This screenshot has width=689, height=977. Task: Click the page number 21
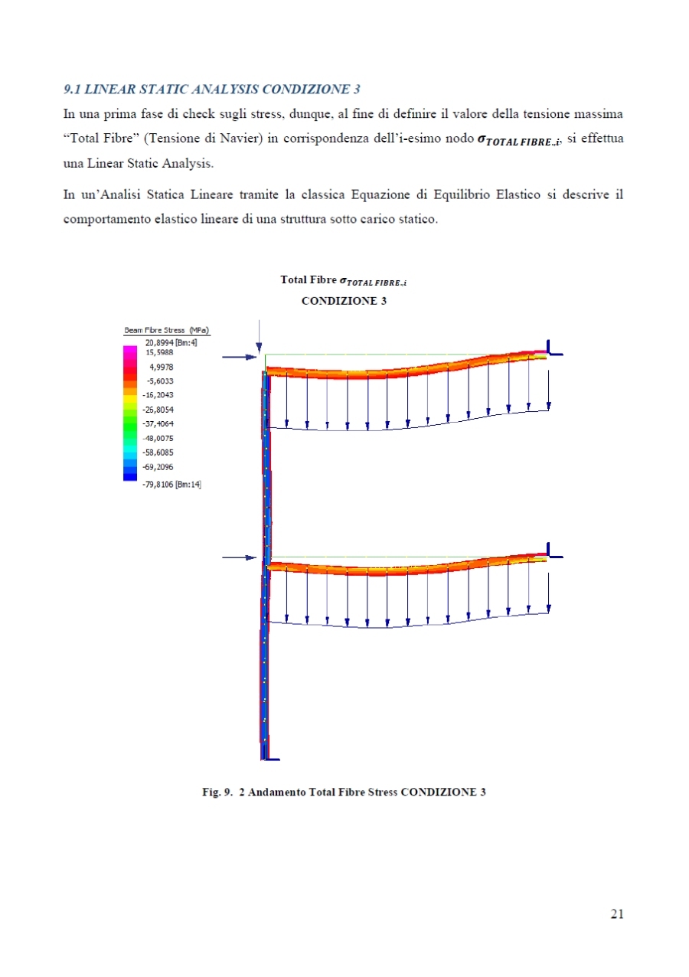[617, 913]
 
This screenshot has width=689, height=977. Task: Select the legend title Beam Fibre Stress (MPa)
[167, 330]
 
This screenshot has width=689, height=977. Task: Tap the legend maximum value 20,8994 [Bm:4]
[171, 342]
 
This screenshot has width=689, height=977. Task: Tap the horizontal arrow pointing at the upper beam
[238, 357]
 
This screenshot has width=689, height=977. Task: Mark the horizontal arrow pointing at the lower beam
[240, 558]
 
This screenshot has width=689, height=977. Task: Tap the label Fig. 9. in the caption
[217, 792]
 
